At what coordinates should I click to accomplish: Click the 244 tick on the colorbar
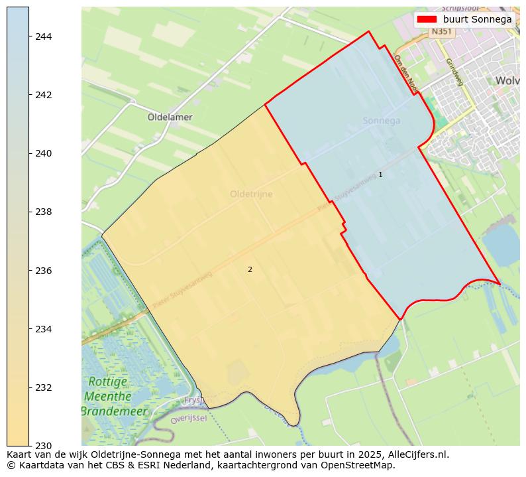coord(43,36)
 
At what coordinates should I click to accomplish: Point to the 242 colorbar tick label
coord(43,95)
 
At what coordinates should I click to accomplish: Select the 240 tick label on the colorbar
coord(43,153)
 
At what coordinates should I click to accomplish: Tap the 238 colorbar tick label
coord(43,212)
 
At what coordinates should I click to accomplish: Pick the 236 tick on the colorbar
coord(43,271)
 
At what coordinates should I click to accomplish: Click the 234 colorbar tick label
coord(43,329)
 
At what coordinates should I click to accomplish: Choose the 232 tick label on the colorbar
coord(43,387)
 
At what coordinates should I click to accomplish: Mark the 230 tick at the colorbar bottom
coord(43,445)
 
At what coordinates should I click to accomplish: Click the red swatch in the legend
coord(427,19)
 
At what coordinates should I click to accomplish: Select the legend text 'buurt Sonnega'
coord(477,19)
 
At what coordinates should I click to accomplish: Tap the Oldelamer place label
coord(170,117)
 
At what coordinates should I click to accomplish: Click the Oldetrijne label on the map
coord(251,194)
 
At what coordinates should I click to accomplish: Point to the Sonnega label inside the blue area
coord(382,121)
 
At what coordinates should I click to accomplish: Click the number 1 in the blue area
coord(380,174)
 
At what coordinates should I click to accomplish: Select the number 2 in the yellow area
coord(250,269)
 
